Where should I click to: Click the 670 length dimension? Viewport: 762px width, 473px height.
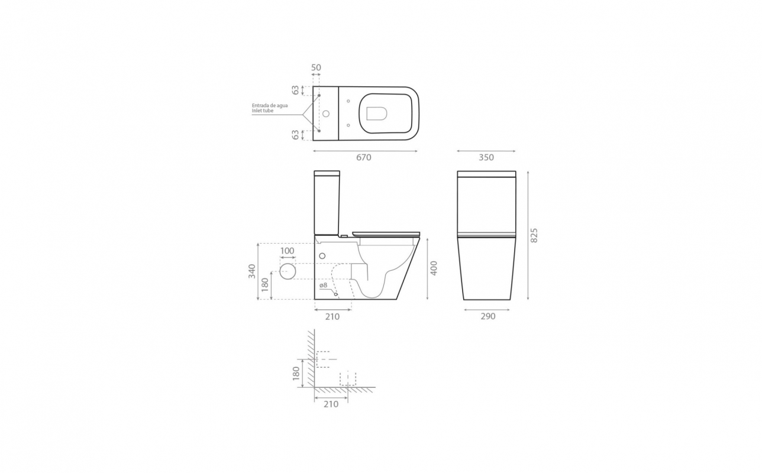coord(364,157)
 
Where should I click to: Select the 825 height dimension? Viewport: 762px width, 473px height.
coord(534,235)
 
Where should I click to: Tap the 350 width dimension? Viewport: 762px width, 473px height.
coord(486,157)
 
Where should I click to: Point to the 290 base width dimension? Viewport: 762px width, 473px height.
coord(488,316)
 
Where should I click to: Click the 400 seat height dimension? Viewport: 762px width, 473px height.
coord(434,268)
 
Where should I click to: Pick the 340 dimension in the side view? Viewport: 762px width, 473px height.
coord(252,271)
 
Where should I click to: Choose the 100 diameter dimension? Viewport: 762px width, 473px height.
coord(287,251)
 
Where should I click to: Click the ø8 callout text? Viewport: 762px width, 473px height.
coord(323,285)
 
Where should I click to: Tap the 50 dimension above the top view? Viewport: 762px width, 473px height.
coord(316,67)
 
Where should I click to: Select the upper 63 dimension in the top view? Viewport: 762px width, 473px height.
coord(295,90)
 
